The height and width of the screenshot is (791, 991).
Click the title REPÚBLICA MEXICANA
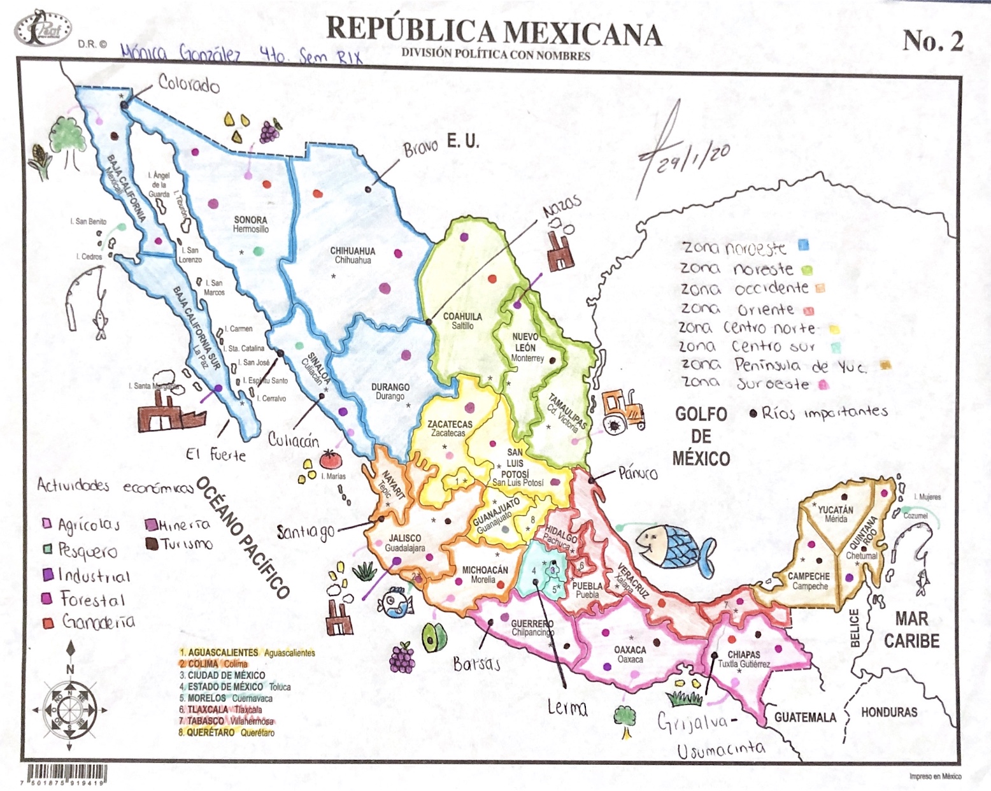click(x=494, y=32)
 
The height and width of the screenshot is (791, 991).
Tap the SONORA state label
click(x=250, y=220)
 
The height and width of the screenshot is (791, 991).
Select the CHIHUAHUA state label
click(x=352, y=252)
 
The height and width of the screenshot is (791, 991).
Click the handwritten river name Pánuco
click(x=638, y=473)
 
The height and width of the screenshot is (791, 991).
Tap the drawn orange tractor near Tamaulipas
click(x=622, y=411)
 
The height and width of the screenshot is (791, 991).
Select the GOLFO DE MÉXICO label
click(x=701, y=436)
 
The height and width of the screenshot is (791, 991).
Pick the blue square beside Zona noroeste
click(x=804, y=245)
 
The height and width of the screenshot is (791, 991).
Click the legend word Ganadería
click(x=98, y=622)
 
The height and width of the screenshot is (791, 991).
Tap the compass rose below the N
click(x=70, y=709)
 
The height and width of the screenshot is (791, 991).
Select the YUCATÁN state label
click(x=835, y=510)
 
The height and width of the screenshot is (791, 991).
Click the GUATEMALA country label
click(x=805, y=718)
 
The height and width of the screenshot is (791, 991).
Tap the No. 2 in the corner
click(x=932, y=41)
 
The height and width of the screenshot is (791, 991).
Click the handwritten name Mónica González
click(x=181, y=53)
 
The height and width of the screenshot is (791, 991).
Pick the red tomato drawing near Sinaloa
click(x=330, y=459)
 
